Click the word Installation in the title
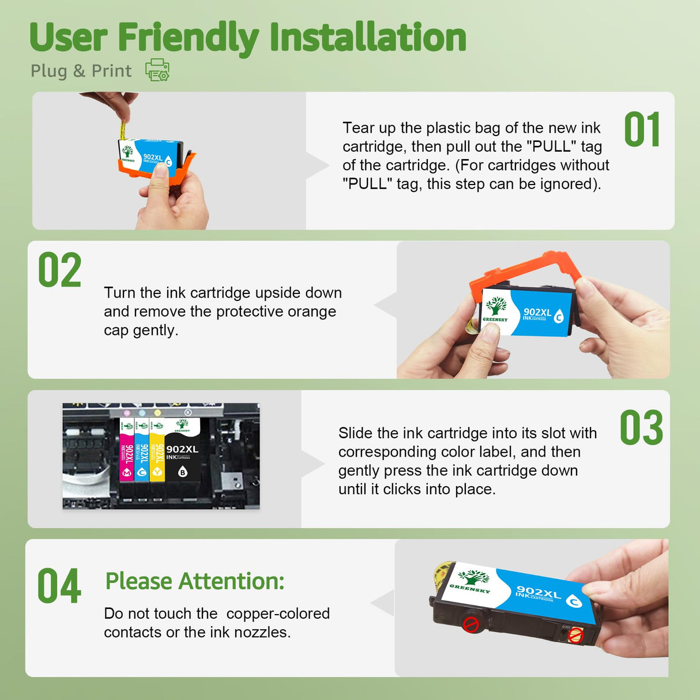coord(367,38)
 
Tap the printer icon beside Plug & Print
coord(157,70)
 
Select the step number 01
coord(642,130)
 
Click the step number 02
coord(59,270)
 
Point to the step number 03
coord(641,428)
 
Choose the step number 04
coord(59,586)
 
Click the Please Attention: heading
coord(194,581)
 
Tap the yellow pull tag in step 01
coord(122,130)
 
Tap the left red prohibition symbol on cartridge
coord(471,624)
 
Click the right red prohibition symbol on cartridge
coord(575,635)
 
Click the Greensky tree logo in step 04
coord(473,577)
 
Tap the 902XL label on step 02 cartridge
coord(537,313)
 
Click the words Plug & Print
coord(81,71)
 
